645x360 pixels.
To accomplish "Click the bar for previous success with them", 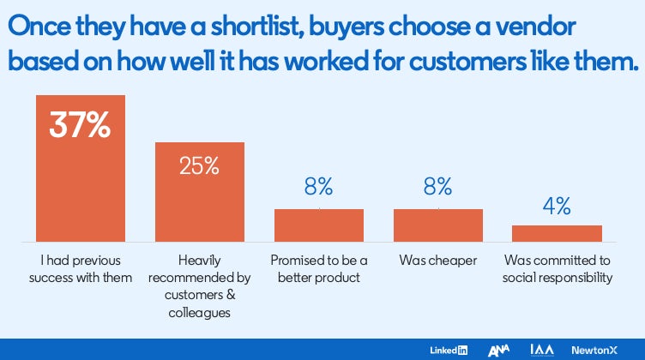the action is [81, 169].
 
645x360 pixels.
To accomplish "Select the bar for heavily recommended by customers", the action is [200, 192].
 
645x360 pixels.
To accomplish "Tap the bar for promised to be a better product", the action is [319, 225].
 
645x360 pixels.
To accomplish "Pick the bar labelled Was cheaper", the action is [438, 225].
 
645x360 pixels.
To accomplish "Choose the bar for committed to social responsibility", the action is [557, 233].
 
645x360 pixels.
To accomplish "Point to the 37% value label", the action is [80, 125].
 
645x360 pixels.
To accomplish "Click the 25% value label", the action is [199, 166].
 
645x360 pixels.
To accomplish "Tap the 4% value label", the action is [557, 206].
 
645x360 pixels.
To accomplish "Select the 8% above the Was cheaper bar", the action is [437, 187].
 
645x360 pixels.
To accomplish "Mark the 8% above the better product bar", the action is [318, 187].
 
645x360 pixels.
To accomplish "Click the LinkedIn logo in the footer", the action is [449, 350].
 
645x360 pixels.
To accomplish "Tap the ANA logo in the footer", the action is [498, 350].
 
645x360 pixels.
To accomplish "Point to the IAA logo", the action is [542, 350].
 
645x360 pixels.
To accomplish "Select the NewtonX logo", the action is [594, 350].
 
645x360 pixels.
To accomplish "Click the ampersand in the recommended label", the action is [232, 295].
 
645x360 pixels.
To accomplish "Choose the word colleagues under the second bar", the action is [200, 313].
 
